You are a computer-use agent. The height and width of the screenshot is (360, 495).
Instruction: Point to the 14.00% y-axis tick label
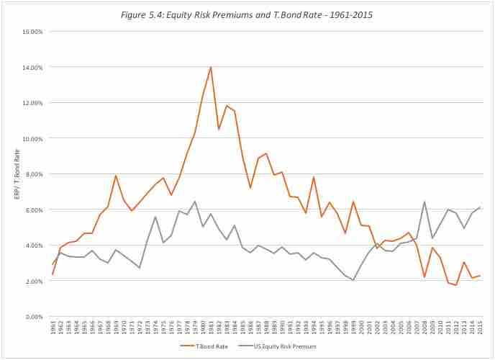coord(33,67)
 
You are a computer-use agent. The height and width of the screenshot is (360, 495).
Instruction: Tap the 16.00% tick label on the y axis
coord(33,32)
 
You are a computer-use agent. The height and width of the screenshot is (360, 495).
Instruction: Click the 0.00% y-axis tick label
coord(35,317)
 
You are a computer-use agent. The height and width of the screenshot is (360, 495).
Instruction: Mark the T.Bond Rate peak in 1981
coord(211,67)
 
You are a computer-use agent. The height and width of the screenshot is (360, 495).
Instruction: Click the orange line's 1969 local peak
coord(115,176)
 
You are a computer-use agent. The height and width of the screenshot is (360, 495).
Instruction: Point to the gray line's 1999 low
coord(353,280)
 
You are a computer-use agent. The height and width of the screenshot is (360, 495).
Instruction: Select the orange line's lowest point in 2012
coord(456,285)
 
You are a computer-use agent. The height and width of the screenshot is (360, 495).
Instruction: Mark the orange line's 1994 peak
coord(314,177)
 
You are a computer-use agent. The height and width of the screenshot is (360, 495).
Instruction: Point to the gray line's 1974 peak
coord(155,217)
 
